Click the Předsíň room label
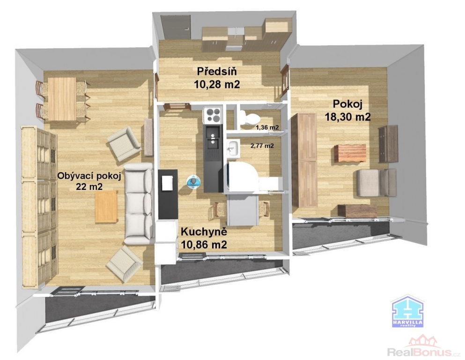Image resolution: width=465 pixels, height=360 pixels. click(x=217, y=72)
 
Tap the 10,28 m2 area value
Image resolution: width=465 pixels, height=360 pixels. click(x=217, y=84)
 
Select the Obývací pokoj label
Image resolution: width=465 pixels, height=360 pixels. click(x=89, y=176)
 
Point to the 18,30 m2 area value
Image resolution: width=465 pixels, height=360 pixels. click(x=348, y=117)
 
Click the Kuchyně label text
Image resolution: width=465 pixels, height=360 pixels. click(x=204, y=232)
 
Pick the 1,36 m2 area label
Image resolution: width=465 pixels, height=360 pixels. click(x=267, y=127)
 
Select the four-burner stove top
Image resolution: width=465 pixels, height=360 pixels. click(x=212, y=115)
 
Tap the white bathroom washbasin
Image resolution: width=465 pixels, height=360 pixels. click(x=233, y=148)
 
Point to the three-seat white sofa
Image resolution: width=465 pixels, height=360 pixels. click(x=139, y=203)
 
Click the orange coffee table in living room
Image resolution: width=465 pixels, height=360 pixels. click(x=106, y=207)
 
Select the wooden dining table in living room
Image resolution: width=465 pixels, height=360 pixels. click(x=62, y=99)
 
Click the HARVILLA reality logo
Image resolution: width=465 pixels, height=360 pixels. click(x=407, y=312)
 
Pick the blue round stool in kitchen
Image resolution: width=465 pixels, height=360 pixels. click(x=194, y=181)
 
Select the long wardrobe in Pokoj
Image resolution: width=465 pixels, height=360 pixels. click(x=304, y=160)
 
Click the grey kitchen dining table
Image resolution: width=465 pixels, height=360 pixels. click(x=242, y=211)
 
